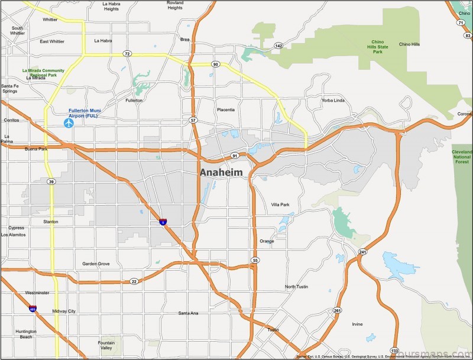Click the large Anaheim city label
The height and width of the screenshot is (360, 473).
click(x=221, y=172)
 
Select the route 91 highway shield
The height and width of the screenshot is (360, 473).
click(x=235, y=156)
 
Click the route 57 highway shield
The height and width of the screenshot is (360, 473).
click(x=193, y=121)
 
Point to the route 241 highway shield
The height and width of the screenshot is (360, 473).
click(x=362, y=252)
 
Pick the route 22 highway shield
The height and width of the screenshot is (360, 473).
click(x=134, y=281)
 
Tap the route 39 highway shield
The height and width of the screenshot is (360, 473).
click(x=52, y=181)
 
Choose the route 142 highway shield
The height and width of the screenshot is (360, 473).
click(x=278, y=45)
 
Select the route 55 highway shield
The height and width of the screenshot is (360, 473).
click(x=255, y=260)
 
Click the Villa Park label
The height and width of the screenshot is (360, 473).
click(x=280, y=205)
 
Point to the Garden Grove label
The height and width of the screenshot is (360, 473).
click(x=96, y=264)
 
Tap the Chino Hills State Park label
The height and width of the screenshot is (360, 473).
click(x=378, y=47)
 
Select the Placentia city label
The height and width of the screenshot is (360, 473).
click(x=225, y=109)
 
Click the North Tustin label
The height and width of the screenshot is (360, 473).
click(x=297, y=287)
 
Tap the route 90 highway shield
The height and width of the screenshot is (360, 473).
click(x=216, y=64)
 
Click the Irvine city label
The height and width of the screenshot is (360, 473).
click(x=357, y=324)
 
